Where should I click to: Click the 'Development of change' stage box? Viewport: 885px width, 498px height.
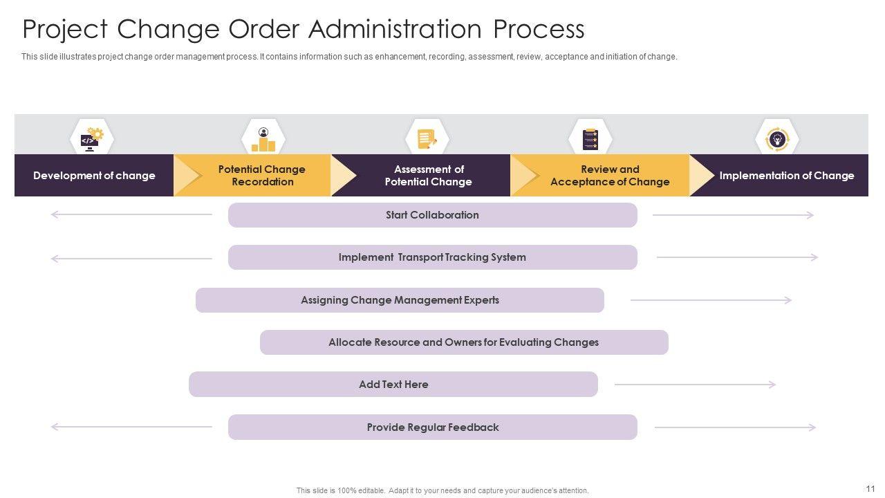(x=94, y=176)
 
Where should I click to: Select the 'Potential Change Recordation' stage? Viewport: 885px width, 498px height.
(x=261, y=176)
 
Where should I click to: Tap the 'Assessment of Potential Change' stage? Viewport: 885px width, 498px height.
(x=428, y=176)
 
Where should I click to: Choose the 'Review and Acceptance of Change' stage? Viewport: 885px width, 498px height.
(x=609, y=176)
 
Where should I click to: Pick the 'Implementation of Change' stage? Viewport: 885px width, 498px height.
(x=786, y=176)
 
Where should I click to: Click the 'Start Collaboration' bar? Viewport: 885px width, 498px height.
(x=432, y=215)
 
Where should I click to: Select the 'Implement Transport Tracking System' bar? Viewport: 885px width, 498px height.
(x=432, y=257)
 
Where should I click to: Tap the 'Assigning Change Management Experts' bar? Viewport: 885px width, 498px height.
(x=400, y=300)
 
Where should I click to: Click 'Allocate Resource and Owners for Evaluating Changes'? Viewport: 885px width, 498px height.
(x=464, y=342)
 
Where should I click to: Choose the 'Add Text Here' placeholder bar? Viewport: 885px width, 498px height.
(x=393, y=385)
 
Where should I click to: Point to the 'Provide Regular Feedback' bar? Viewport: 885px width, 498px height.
(x=432, y=427)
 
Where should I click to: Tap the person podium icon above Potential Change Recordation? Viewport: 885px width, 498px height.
(x=263, y=139)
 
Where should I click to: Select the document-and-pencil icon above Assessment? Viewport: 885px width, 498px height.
(x=427, y=139)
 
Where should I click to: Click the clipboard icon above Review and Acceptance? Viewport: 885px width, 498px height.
(x=590, y=139)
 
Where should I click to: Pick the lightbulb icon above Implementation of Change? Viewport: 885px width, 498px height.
(x=777, y=139)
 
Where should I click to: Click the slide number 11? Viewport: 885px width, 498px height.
(x=870, y=488)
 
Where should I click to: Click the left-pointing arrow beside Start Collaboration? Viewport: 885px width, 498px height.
(x=131, y=215)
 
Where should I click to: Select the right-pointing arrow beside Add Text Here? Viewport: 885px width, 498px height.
(x=695, y=385)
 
